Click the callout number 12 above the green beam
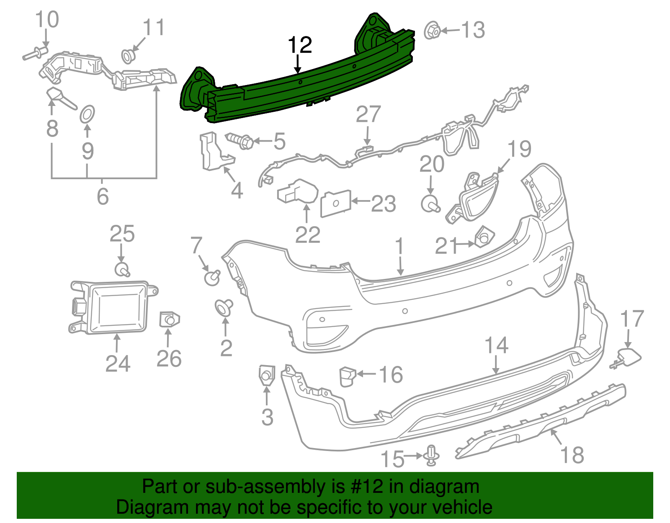click(300, 45)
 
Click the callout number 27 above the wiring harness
click(368, 114)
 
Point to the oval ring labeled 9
click(87, 114)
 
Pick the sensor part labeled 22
click(298, 192)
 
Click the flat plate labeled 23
click(335, 204)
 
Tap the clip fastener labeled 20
click(430, 204)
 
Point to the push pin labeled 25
click(122, 269)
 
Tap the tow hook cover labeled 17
click(628, 357)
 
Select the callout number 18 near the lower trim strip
click(572, 455)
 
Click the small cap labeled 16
click(347, 376)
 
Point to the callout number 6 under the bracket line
click(103, 196)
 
